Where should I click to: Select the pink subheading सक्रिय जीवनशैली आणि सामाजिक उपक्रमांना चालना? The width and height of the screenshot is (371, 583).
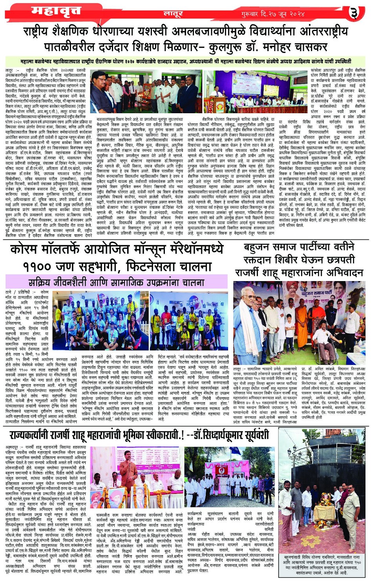[116, 282]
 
